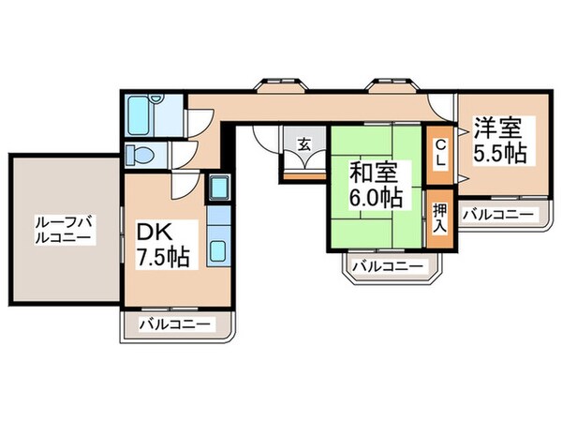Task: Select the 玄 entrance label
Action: [304, 144]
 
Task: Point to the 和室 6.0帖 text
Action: [376, 184]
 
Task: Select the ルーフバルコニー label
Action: [63, 231]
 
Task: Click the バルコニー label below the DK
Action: [176, 324]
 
